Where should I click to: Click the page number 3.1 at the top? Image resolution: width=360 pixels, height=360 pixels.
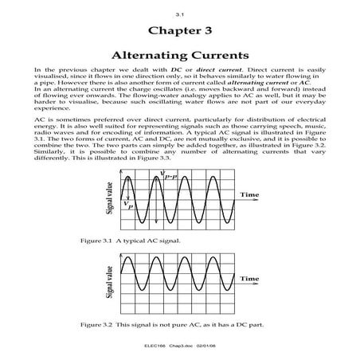point(179,15)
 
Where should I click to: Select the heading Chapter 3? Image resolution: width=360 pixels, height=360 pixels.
point(179,31)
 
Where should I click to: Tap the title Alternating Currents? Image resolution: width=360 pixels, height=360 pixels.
point(179,57)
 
